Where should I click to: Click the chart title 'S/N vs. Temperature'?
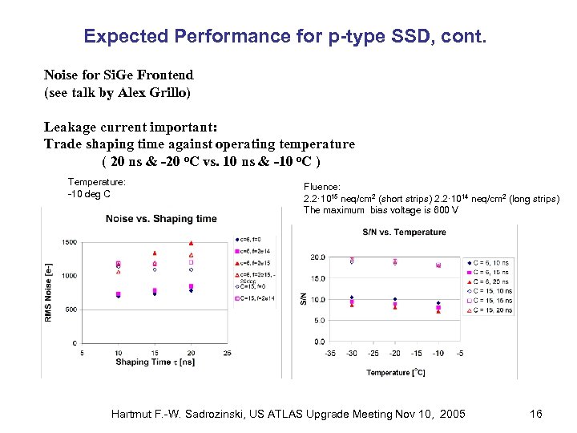tap(404, 233)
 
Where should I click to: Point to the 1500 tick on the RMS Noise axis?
tap(69, 242)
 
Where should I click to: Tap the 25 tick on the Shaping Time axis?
tap(228, 353)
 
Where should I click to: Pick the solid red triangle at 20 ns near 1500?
tap(191, 243)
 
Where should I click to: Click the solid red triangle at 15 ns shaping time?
tap(155, 253)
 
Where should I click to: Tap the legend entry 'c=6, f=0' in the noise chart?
tap(252, 239)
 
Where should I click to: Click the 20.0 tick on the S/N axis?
tap(317, 257)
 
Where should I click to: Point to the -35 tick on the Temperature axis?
tap(331, 353)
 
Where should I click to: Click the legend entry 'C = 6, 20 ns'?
tap(492, 281)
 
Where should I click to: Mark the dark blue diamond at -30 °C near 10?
tap(352, 297)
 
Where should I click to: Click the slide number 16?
tap(536, 414)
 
